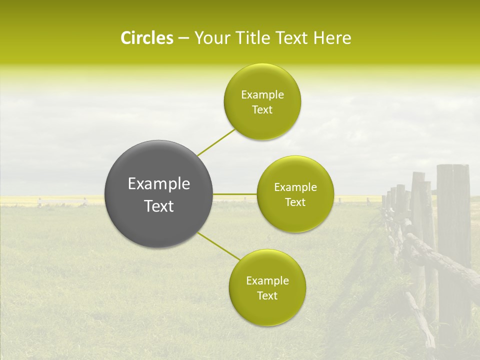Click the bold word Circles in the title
pos(146,38)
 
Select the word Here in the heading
pos(332,38)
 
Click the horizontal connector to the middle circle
pos(235,194)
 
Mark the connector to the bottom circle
pos(219,246)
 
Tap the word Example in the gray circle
pos(159,184)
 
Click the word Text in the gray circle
pos(159,206)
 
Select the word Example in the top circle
pos(262,95)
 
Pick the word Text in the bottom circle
pos(267,296)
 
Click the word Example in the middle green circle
pos(295,187)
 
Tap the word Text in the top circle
pos(262,110)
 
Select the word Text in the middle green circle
pos(295,202)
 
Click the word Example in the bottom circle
pos(267,281)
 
